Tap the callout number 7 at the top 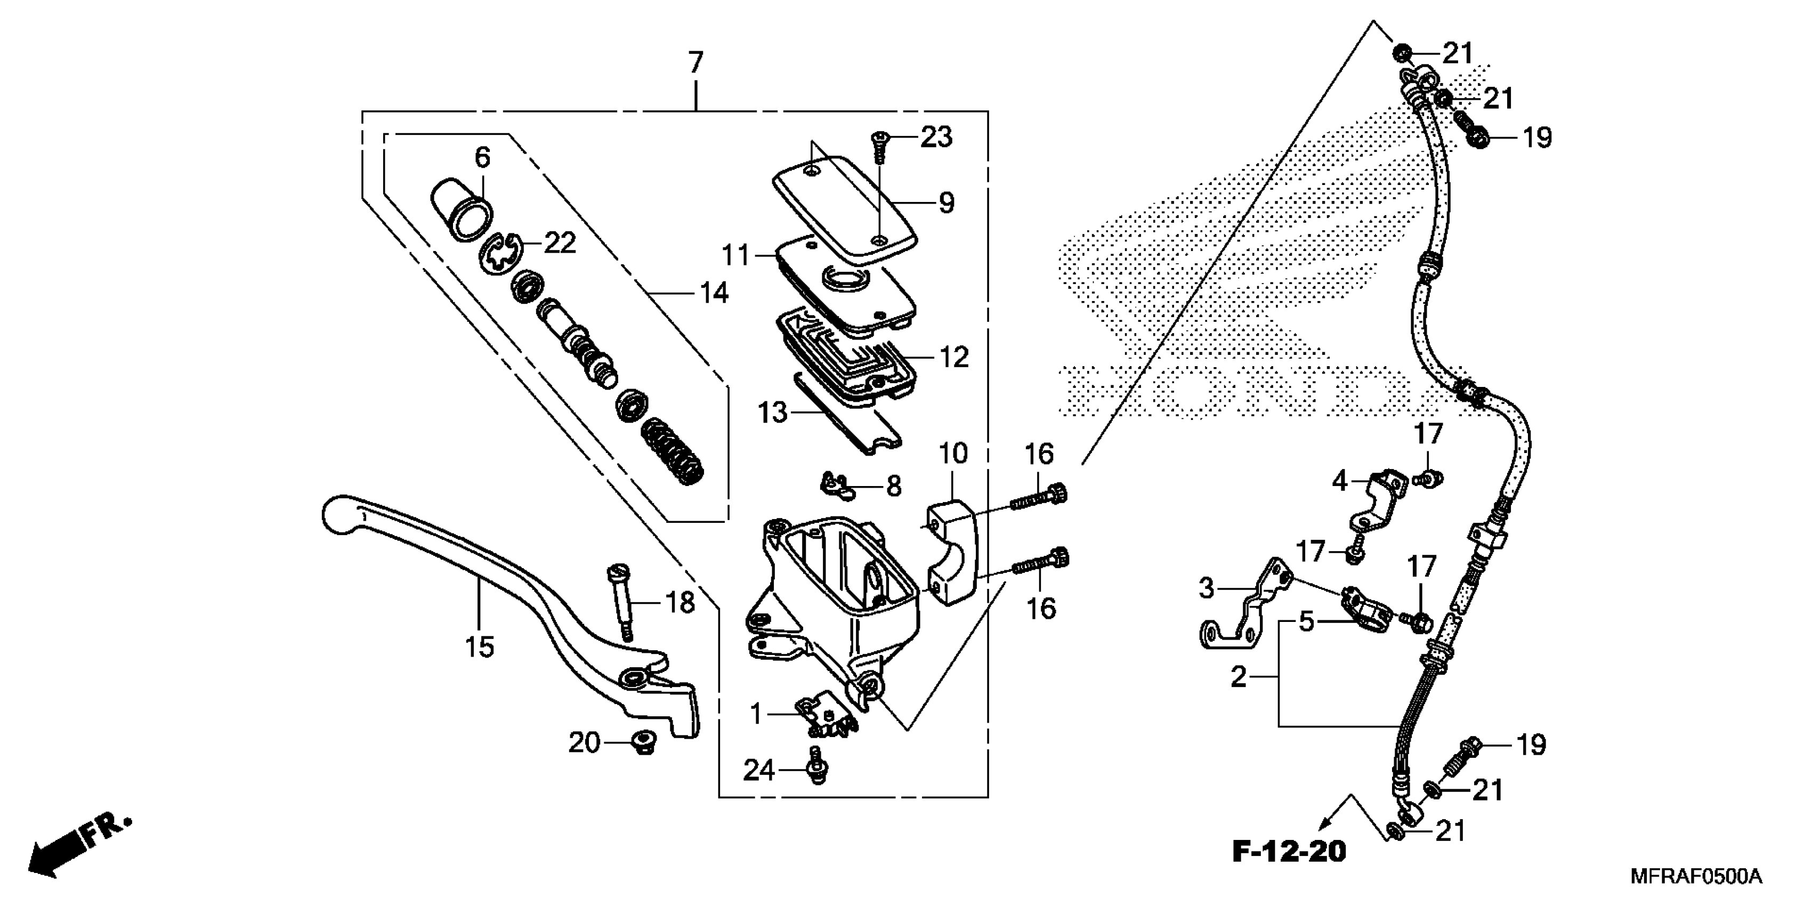coord(695,63)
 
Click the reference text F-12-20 coord(1289,851)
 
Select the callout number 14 coord(714,292)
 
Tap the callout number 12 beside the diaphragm coord(954,357)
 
